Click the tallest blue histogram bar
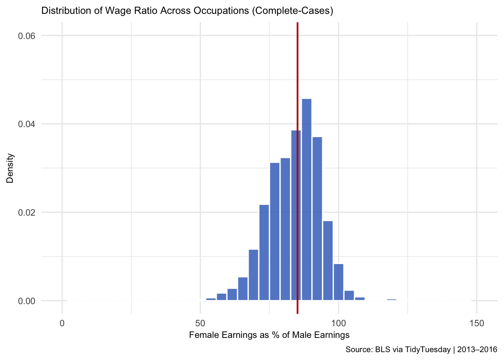(x=306, y=199)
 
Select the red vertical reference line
(x=297, y=168)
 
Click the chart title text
(x=187, y=10)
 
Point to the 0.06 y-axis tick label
(x=27, y=36)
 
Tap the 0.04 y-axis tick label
(x=27, y=124)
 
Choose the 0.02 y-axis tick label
(x=27, y=212)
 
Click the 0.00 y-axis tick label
(x=27, y=301)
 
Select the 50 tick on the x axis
(x=200, y=323)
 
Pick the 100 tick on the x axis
(x=338, y=323)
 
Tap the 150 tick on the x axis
(x=477, y=323)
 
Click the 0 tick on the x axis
(x=62, y=323)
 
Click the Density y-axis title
(x=10, y=168)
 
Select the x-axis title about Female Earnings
(x=269, y=335)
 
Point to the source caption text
(x=421, y=349)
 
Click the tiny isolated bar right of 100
(x=392, y=300)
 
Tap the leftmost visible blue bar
(x=211, y=299)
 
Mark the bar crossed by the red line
(x=296, y=215)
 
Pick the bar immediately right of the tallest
(x=317, y=219)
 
